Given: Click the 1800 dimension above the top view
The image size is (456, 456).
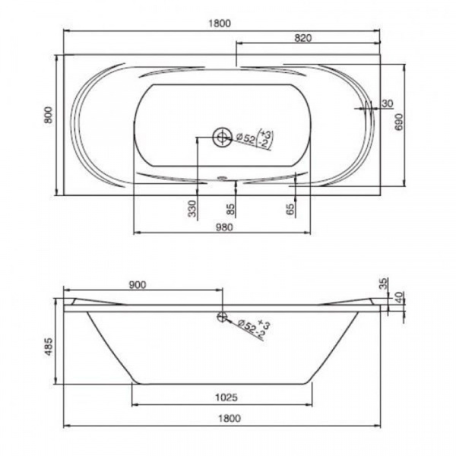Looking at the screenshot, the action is coord(220,23).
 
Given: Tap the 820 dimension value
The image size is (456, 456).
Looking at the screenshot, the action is coord(303,38).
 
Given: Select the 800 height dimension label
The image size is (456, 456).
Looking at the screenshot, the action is coord(49,116).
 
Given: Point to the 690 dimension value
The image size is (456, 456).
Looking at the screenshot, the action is coord(399,122).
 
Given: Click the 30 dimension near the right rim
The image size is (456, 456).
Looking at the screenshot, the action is coord(387,103).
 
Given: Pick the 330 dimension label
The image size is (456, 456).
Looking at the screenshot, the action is coord(192,208).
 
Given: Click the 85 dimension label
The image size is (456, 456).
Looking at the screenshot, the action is coord(230,209).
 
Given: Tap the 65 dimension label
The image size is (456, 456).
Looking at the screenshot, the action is coord(290,209).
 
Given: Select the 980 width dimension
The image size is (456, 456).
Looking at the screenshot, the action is coord(224,227).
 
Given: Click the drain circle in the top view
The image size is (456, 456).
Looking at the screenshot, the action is coord(222,137).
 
